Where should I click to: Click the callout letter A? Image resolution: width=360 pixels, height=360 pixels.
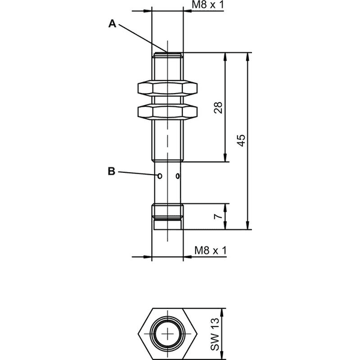click(x=112, y=23)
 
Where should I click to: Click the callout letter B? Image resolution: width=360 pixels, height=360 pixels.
click(x=112, y=171)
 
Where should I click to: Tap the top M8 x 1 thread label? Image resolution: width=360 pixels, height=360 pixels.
click(x=208, y=5)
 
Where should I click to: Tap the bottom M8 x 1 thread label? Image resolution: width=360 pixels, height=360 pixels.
click(x=211, y=250)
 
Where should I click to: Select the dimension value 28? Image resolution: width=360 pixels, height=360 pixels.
click(x=218, y=107)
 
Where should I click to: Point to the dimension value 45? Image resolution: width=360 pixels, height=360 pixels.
click(x=241, y=140)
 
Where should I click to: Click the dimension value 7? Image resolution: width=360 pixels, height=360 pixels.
click(x=218, y=216)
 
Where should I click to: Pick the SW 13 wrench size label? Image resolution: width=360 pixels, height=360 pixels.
click(x=215, y=334)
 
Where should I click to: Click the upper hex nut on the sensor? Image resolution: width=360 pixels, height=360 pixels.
click(x=167, y=88)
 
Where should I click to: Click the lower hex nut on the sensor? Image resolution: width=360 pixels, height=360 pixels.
click(x=167, y=112)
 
